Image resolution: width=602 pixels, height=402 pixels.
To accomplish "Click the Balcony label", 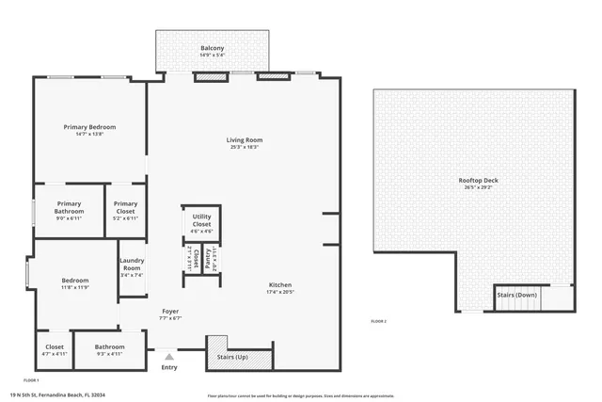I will tap(212, 48).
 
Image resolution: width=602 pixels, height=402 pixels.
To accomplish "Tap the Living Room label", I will tap(244, 139).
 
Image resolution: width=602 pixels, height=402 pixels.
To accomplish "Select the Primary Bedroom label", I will tap(88, 127).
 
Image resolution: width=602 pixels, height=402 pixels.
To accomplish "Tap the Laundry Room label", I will tap(131, 267).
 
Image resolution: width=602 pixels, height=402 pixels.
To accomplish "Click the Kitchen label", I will tap(280, 284).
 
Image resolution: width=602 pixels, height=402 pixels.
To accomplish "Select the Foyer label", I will tap(170, 311).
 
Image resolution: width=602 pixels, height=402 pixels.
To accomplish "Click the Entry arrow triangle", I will tap(169, 357).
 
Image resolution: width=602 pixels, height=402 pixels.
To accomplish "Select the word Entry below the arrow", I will tap(169, 367).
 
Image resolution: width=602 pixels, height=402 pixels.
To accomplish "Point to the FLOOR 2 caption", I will tap(378, 322).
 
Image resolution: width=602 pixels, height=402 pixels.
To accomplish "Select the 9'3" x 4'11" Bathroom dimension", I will tap(109, 354).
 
